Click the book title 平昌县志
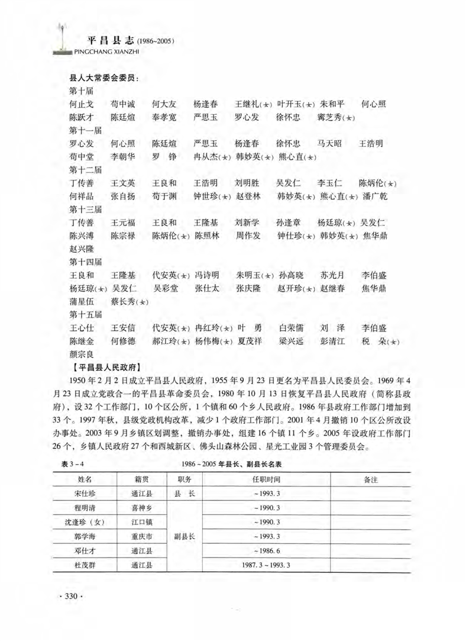pos(108,41)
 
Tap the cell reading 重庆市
pos(142,537)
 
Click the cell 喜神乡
pos(142,508)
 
